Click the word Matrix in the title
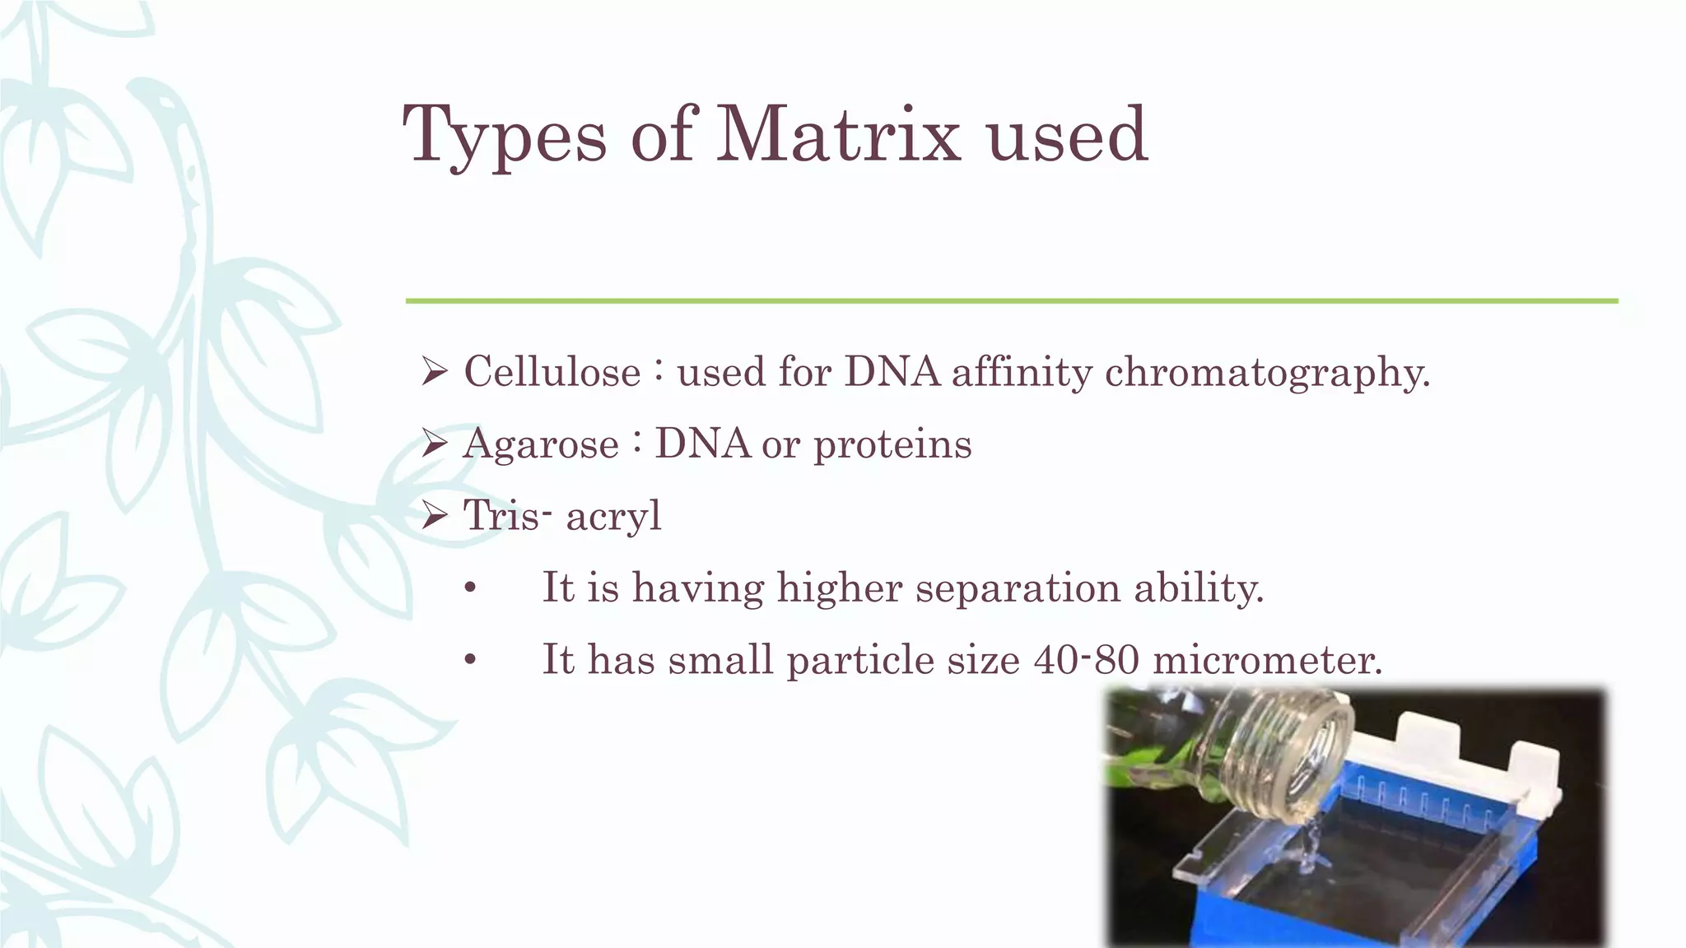(x=838, y=133)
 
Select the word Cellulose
(x=552, y=372)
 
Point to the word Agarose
(x=540, y=444)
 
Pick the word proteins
(x=892, y=444)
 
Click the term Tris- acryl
(x=562, y=516)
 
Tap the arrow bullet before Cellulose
(x=433, y=372)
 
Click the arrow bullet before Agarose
(x=433, y=444)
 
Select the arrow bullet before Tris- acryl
(x=433, y=516)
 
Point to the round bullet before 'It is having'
(x=470, y=589)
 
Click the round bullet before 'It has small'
(x=470, y=661)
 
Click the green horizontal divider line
(x=1011, y=301)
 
